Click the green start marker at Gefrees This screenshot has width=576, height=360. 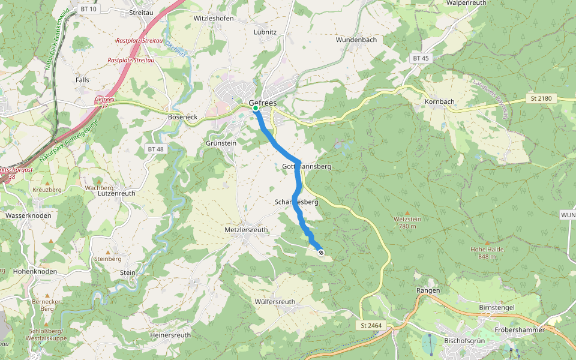point(256,109)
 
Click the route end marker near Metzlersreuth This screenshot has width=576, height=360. point(321,253)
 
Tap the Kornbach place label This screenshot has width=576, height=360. point(439,101)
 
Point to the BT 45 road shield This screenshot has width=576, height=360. point(421,58)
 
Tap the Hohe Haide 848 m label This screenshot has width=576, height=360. point(487,253)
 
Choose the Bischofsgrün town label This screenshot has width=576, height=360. point(464,340)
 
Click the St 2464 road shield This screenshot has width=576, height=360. point(371,326)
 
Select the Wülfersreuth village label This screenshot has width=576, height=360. point(275,302)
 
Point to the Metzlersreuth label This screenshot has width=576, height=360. point(246,230)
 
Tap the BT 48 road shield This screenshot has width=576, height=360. point(155,148)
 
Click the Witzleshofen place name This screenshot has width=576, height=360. point(213,19)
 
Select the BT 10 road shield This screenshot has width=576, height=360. point(87,9)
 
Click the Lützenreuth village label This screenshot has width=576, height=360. point(116,194)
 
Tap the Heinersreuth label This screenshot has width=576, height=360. point(171,335)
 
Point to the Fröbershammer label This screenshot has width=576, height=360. point(520,330)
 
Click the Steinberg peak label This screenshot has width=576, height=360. point(108,259)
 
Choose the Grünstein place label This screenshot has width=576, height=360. point(221,143)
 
